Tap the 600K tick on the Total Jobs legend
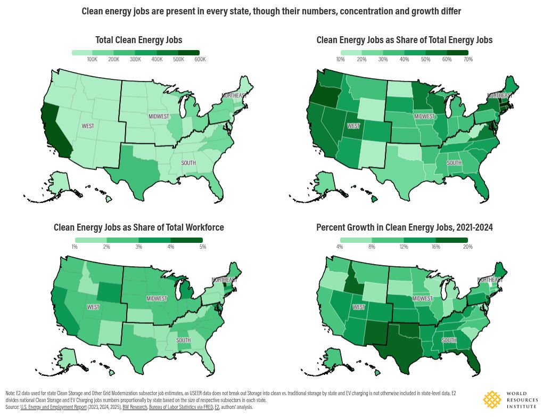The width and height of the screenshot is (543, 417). pyautogui.click(x=200, y=59)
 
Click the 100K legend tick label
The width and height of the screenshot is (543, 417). pyautogui.click(x=92, y=59)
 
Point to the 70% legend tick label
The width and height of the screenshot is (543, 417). pyautogui.click(x=468, y=59)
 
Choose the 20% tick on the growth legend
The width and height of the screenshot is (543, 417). pyautogui.click(x=468, y=247)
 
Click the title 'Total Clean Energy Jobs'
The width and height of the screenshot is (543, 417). pyautogui.click(x=138, y=40)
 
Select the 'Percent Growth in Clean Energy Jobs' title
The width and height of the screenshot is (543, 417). pyautogui.click(x=405, y=227)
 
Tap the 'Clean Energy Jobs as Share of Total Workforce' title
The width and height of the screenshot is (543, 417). pyautogui.click(x=138, y=227)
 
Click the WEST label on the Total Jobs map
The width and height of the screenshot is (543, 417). pyautogui.click(x=88, y=126)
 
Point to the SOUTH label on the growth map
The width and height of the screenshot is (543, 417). pyautogui.click(x=449, y=340)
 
